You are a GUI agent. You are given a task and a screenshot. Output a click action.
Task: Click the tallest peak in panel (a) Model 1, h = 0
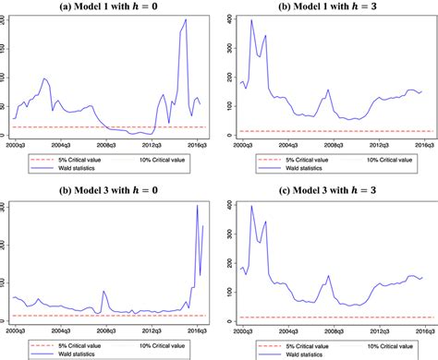click(185, 19)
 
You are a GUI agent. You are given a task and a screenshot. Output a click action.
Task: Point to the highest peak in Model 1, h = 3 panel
click(251, 20)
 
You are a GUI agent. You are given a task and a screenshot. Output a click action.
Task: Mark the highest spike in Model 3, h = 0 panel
click(198, 206)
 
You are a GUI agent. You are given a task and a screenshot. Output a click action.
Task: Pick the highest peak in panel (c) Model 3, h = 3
click(251, 206)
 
